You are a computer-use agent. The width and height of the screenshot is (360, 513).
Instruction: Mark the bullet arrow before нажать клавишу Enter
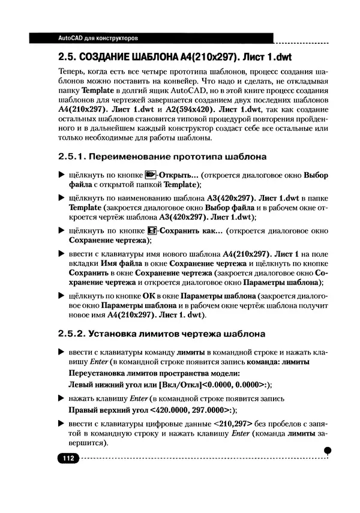[x=61, y=398]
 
